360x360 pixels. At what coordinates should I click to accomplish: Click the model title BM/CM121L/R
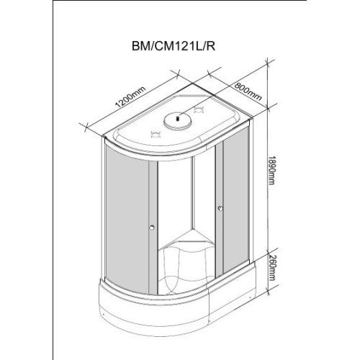[174, 46]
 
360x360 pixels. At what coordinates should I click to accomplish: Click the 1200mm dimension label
[130, 96]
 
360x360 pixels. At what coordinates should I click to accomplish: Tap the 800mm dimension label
[248, 91]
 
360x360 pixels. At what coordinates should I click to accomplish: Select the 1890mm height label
[271, 170]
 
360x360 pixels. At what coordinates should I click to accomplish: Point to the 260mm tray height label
[271, 267]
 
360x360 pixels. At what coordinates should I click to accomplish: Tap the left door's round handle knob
[152, 228]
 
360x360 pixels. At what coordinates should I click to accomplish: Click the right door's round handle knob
[220, 208]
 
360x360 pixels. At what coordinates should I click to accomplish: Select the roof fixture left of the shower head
[155, 135]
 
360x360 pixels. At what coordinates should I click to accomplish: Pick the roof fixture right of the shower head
[199, 110]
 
